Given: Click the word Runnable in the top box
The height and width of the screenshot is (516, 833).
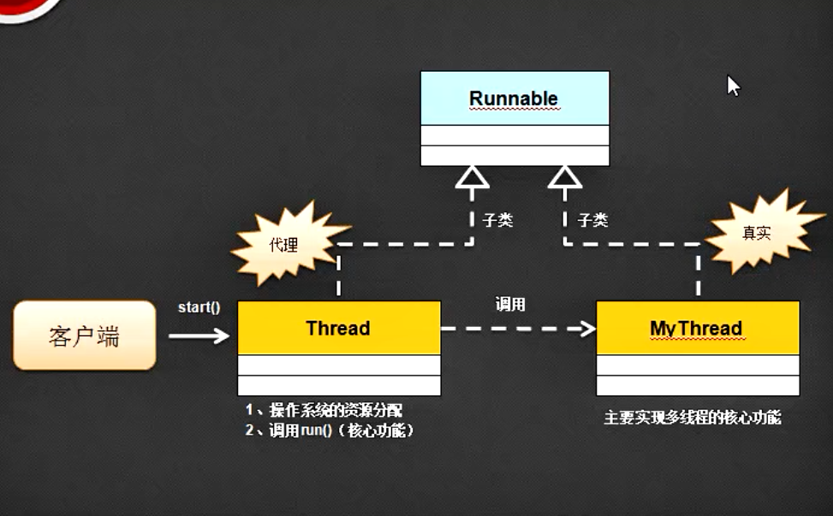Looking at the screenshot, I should click(x=514, y=98).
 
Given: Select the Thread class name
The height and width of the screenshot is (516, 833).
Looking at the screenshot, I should click(x=338, y=329).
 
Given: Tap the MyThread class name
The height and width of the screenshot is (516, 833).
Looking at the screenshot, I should click(x=696, y=329).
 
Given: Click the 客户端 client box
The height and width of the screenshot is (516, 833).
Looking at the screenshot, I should click(x=84, y=335).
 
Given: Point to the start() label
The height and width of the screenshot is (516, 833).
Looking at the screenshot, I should click(x=199, y=307).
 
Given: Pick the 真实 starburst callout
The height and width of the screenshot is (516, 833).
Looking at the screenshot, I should click(x=756, y=233).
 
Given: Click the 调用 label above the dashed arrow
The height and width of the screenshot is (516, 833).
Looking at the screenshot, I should click(x=510, y=304).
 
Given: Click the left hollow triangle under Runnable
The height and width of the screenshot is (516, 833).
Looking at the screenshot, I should click(x=472, y=176).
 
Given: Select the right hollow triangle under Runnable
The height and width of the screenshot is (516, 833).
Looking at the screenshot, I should click(x=564, y=176).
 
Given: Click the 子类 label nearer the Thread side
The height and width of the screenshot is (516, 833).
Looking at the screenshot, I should click(x=497, y=220).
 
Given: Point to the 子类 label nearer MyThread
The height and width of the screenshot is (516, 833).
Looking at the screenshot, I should click(x=592, y=220).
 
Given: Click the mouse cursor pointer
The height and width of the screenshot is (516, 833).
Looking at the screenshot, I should click(x=733, y=86).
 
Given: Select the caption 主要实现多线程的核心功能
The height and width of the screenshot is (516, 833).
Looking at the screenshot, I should click(x=693, y=418).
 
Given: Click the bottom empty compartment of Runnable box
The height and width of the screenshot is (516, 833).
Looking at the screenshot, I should click(x=515, y=156).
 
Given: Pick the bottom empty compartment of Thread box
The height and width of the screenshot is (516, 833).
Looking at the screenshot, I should click(x=338, y=385).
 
